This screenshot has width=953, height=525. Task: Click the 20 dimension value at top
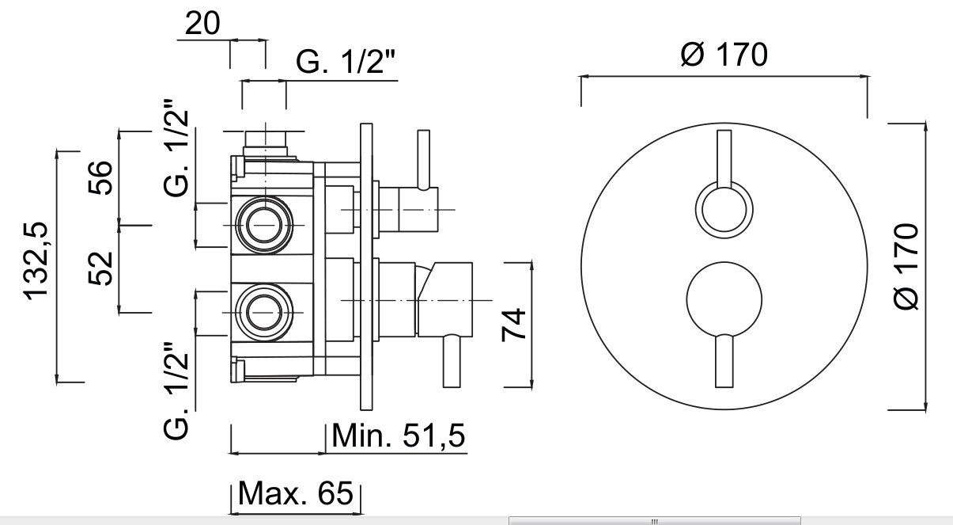click(204, 24)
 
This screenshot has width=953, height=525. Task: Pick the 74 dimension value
click(516, 325)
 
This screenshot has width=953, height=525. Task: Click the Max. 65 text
click(295, 494)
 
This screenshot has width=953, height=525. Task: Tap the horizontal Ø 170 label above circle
click(723, 55)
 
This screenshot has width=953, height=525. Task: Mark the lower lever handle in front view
click(723, 361)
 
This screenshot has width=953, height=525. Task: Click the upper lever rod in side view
click(425, 158)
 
